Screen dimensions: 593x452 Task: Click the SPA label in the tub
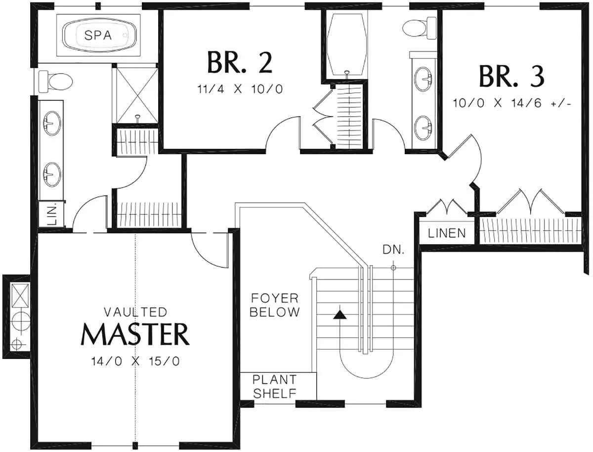click(98, 36)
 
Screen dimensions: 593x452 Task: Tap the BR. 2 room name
click(240, 63)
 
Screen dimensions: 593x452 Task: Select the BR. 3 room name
click(511, 77)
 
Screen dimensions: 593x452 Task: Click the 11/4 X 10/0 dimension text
click(240, 89)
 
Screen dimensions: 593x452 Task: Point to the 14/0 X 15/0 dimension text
click(135, 362)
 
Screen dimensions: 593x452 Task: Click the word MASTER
click(135, 334)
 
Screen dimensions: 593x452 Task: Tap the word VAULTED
click(135, 312)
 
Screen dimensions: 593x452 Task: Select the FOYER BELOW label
click(275, 305)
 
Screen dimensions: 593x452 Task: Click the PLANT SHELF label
click(275, 387)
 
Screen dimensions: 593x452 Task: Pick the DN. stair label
click(394, 250)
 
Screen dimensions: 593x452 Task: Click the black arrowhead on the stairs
click(340, 315)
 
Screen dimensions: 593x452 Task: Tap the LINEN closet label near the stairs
click(447, 233)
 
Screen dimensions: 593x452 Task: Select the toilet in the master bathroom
click(56, 81)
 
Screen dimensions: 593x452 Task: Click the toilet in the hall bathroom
click(419, 28)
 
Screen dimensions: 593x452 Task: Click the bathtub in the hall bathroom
click(346, 44)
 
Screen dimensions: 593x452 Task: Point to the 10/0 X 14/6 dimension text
click(512, 103)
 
